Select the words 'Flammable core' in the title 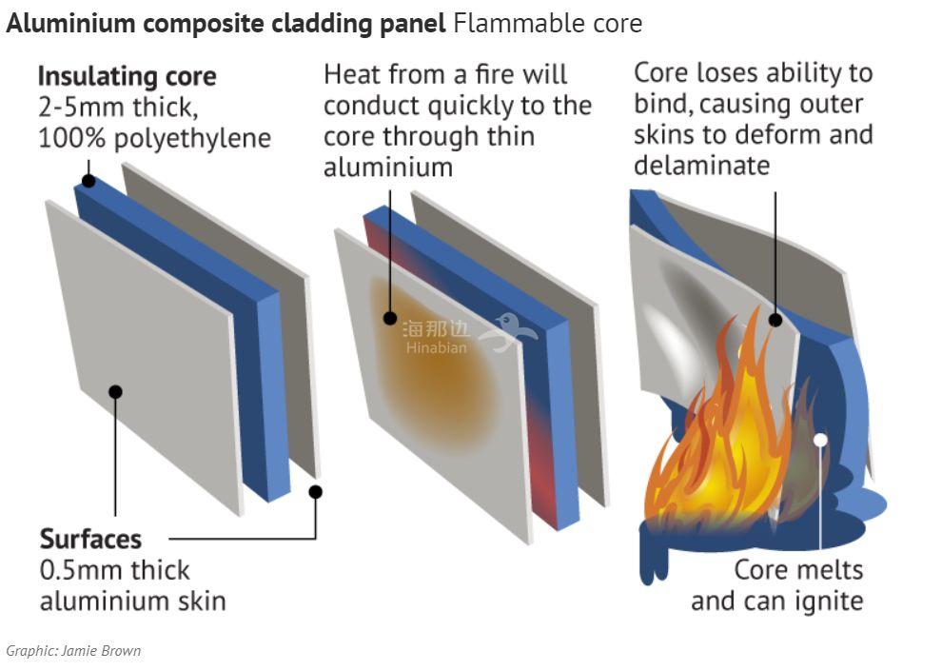coord(548,24)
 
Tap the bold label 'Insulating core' coord(127,76)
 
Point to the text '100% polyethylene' coord(154,137)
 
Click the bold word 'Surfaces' coord(90,540)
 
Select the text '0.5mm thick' coord(114,570)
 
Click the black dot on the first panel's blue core coord(88,180)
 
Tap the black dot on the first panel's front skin coord(115,390)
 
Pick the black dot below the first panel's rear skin coord(316,492)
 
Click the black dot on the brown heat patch coord(390,318)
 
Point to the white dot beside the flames coord(820,440)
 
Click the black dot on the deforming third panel coord(775,320)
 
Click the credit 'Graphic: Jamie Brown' coord(73,651)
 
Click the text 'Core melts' coord(798,570)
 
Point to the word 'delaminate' coord(701,166)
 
